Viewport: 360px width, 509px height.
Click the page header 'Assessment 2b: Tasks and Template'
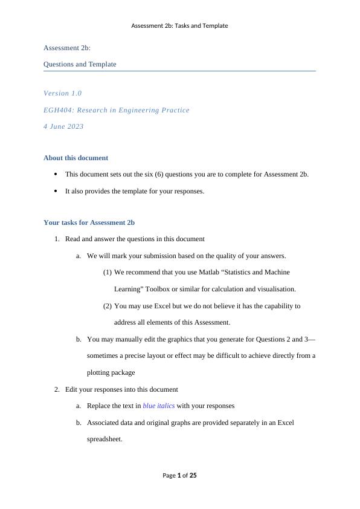click(x=179, y=26)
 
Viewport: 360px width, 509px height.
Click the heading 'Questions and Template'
click(x=80, y=64)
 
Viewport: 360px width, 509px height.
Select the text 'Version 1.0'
click(x=63, y=93)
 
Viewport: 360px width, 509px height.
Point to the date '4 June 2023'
click(x=63, y=126)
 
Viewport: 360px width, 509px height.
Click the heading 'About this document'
click(x=76, y=158)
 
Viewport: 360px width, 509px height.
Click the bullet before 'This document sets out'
click(x=56, y=174)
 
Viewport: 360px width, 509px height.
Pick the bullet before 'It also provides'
click(x=56, y=191)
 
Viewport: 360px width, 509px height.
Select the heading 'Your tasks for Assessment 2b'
click(x=89, y=222)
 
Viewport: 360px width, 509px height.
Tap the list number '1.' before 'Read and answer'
click(x=57, y=239)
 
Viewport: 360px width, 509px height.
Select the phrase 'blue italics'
click(x=158, y=406)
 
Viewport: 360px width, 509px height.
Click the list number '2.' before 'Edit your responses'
click(x=57, y=389)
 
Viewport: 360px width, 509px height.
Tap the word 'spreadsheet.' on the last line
click(x=104, y=439)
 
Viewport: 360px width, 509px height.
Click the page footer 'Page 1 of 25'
click(x=179, y=476)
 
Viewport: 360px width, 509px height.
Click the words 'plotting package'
click(x=111, y=372)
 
